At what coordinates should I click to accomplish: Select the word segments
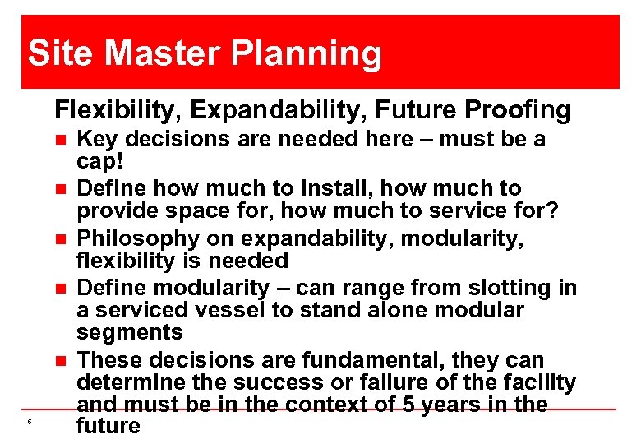click(x=129, y=333)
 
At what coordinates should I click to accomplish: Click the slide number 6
click(x=29, y=422)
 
